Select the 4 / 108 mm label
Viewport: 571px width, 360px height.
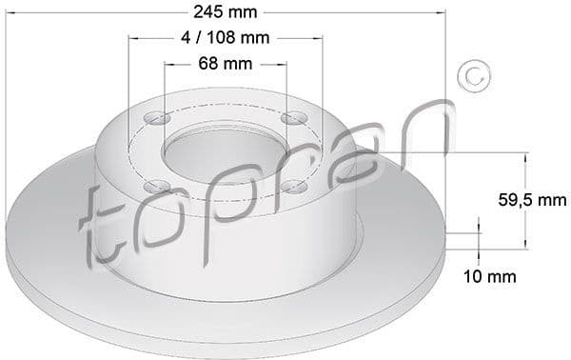226,39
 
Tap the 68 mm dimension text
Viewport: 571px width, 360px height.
226,64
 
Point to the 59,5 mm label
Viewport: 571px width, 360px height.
532,201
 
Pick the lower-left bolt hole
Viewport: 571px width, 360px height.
160,185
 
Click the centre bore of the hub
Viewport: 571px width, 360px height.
225,151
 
